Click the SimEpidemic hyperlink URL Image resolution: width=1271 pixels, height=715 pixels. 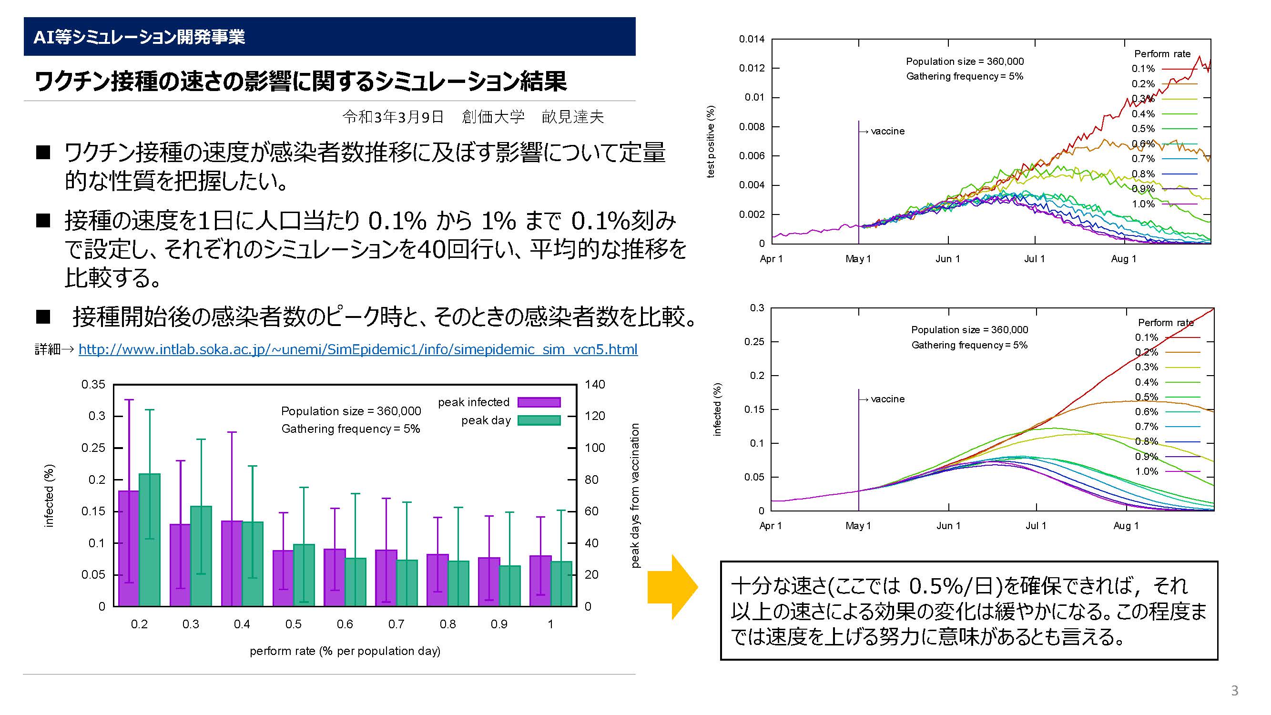click(358, 349)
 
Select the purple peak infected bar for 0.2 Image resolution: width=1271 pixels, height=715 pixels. click(129, 548)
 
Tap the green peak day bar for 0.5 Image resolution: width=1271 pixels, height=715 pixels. click(304, 575)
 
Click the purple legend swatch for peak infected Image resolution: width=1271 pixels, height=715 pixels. click(539, 402)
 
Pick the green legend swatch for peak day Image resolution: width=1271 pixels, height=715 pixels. click(539, 420)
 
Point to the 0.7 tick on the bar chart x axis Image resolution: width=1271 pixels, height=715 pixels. click(396, 624)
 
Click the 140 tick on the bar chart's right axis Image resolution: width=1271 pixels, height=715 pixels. click(595, 384)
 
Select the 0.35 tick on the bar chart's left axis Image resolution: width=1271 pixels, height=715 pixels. click(93, 384)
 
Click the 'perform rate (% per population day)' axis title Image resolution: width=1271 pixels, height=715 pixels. click(345, 651)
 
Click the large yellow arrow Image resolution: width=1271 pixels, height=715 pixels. click(672, 587)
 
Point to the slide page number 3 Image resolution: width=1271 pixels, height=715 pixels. click(1234, 690)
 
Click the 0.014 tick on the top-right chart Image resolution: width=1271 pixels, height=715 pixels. click(752, 39)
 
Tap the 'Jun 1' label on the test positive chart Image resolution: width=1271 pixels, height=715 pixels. click(948, 258)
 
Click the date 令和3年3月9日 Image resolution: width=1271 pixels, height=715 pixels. click(393, 117)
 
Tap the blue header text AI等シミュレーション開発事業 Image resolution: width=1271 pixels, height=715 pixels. click(139, 37)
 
